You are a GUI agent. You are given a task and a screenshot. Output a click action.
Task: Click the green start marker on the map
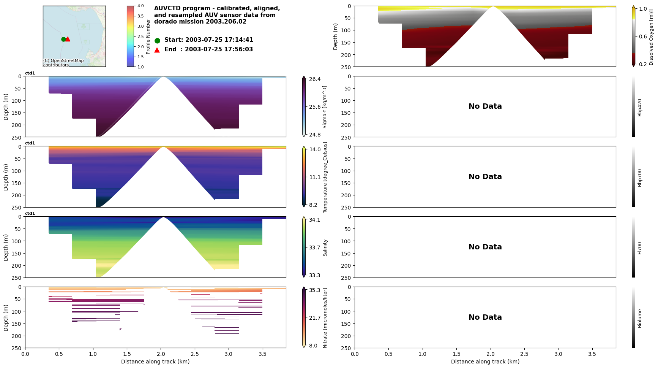pyautogui.click(x=63, y=39)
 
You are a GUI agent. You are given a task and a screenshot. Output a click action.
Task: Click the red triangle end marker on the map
pyautogui.click(x=68, y=39)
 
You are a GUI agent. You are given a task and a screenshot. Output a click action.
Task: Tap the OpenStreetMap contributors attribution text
pyautogui.click(x=63, y=63)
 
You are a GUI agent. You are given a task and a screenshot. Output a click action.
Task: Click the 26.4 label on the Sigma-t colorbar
pyautogui.click(x=315, y=79)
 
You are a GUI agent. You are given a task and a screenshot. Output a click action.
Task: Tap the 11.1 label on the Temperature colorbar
pyautogui.click(x=315, y=177)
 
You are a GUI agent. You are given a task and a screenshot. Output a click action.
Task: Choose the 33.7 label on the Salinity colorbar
pyautogui.click(x=315, y=247)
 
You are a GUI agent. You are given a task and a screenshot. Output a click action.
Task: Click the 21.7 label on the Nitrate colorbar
pyautogui.click(x=315, y=318)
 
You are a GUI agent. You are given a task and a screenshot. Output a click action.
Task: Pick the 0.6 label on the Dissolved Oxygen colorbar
pyautogui.click(x=642, y=36)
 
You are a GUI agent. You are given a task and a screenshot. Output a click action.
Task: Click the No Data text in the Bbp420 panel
pyautogui.click(x=485, y=106)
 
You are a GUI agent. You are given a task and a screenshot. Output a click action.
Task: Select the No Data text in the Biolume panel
pyautogui.click(x=485, y=317)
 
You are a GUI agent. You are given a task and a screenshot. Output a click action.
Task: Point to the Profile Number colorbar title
pyautogui.click(x=148, y=36)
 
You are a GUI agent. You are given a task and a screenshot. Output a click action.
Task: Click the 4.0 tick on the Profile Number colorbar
pyautogui.click(x=140, y=6)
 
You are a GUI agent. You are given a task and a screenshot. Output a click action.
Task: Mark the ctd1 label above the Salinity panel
pyautogui.click(x=30, y=214)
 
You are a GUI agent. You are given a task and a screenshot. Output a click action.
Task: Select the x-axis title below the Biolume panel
pyautogui.click(x=485, y=362)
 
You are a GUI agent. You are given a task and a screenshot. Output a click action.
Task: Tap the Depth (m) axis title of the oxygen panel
pyautogui.click(x=335, y=36)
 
